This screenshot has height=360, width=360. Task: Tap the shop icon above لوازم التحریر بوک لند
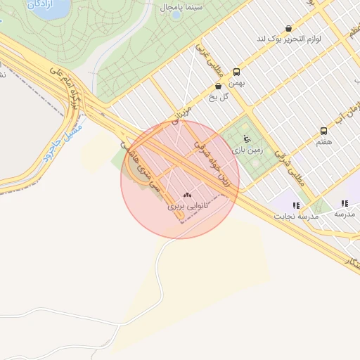point(288,29)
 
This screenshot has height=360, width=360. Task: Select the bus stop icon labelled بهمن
point(236,72)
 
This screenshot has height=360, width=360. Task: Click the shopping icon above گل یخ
point(218,86)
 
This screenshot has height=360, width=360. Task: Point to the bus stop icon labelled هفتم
point(323,131)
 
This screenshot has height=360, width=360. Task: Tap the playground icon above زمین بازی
point(245,138)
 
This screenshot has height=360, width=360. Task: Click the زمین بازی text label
point(247,149)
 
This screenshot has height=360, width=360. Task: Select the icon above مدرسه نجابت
point(296,205)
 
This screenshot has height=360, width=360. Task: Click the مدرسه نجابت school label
point(299,217)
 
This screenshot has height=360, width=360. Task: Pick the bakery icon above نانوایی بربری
point(186,195)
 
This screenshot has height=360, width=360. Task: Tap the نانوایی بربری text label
point(185,207)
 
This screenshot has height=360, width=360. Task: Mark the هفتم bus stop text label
point(324,142)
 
